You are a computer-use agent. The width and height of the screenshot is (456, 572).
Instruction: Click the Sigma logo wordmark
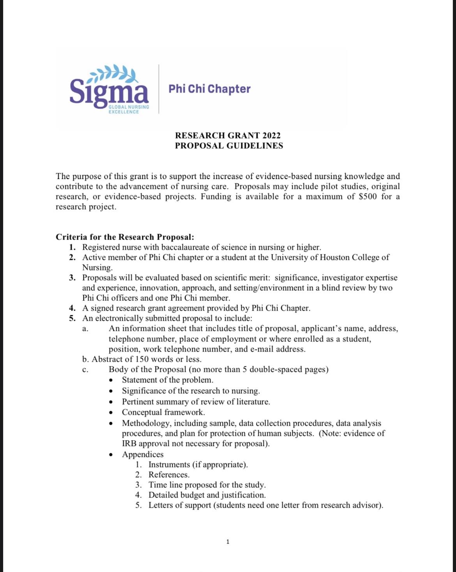click(x=109, y=91)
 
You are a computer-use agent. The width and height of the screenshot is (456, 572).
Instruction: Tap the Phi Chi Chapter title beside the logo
click(x=209, y=89)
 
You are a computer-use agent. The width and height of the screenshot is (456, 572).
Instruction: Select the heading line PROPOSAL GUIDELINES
click(x=229, y=146)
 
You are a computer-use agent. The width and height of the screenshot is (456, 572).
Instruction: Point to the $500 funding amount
click(x=368, y=196)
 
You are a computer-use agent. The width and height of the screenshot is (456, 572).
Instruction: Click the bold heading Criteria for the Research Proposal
click(x=125, y=237)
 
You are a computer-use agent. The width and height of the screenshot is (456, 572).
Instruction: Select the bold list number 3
click(x=72, y=277)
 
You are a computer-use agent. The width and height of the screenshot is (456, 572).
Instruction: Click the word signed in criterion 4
click(x=101, y=308)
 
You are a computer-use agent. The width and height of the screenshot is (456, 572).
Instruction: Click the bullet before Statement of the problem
click(x=111, y=380)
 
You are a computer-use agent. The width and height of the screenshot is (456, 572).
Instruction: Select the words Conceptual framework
click(x=163, y=412)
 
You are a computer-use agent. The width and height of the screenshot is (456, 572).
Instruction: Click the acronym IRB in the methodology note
click(x=129, y=443)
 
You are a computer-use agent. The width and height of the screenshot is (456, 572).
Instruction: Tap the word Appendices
click(x=143, y=454)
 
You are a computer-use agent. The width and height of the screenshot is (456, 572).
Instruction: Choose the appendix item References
click(x=169, y=474)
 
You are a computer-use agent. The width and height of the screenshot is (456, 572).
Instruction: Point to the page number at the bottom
click(x=228, y=542)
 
